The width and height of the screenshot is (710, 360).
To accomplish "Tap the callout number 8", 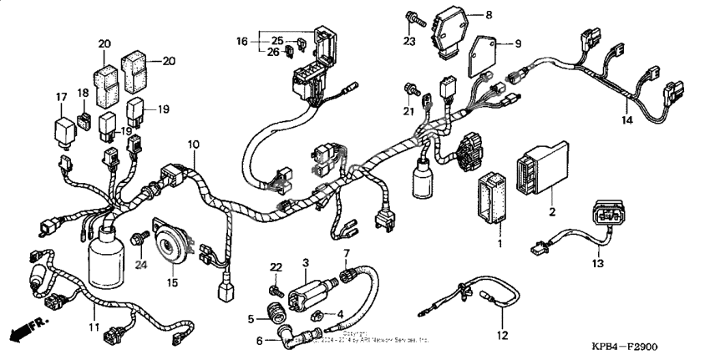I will click(x=489, y=15).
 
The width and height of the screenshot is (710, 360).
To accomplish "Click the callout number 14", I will click(x=626, y=120).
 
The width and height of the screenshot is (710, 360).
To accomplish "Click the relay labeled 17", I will click(x=63, y=129).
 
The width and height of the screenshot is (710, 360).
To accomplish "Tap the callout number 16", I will click(x=242, y=39).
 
